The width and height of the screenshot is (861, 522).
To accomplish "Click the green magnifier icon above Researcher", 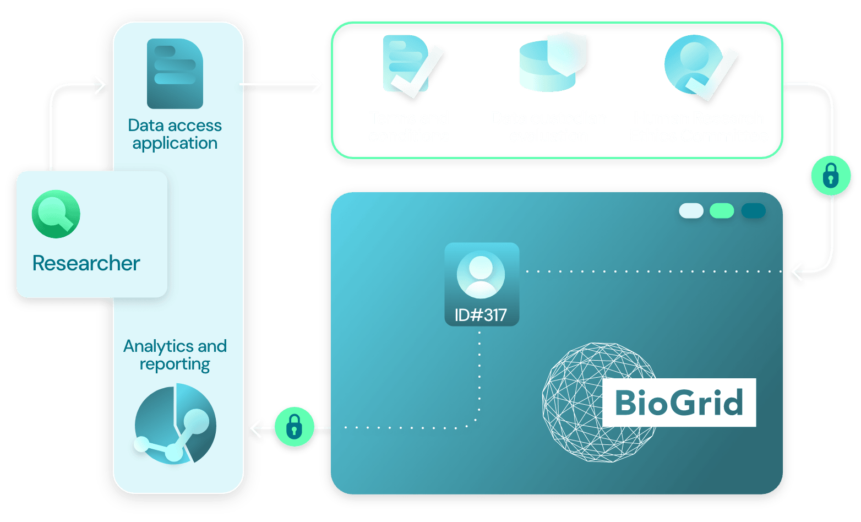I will pos(56,214).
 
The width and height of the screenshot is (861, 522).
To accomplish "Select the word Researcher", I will pos(86,263).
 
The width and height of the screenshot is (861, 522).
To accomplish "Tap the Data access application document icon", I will pos(175,73).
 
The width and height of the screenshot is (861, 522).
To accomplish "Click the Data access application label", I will pos(175,134).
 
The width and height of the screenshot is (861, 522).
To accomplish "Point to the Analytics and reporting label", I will pos(175,355).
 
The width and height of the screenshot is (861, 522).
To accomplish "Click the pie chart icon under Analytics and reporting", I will pos(175,425).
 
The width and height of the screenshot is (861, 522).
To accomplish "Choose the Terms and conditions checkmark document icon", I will pos(410,64).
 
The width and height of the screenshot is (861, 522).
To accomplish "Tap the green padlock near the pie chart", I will pos(294,427).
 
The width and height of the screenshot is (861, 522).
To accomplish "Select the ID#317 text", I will pos(481,315).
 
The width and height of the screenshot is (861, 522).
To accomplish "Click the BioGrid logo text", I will pos(679,403).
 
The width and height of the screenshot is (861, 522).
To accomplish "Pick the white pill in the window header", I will pos(691,211).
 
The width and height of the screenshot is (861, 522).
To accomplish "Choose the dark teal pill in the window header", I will pos(753,211).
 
